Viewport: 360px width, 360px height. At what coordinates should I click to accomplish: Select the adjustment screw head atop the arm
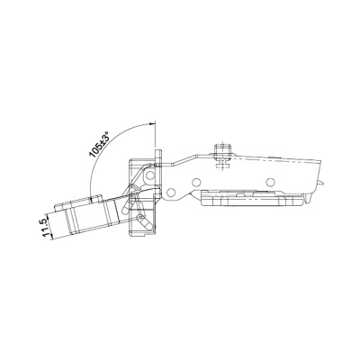click(x=222, y=149)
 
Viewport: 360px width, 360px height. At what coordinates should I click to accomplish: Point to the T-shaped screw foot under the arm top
click(x=222, y=163)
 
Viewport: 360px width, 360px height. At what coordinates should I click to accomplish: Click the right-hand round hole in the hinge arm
click(x=271, y=181)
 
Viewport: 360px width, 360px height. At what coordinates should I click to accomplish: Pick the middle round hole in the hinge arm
click(x=196, y=183)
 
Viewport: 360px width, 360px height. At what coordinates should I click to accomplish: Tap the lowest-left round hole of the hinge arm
click(x=171, y=193)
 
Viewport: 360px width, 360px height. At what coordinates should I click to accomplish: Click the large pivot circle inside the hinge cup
click(x=149, y=175)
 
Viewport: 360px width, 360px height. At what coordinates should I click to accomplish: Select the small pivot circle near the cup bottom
click(x=139, y=217)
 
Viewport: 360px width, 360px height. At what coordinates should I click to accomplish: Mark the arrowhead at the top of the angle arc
click(x=151, y=123)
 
